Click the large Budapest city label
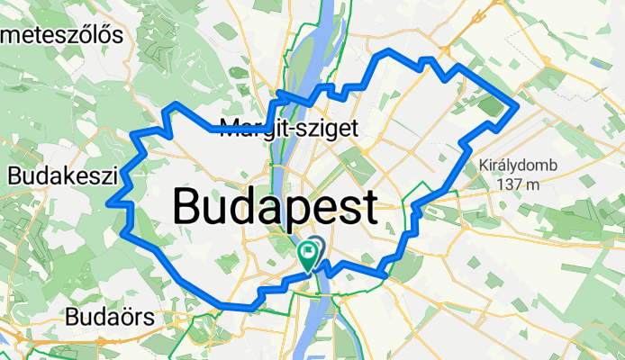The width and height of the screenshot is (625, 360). coord(275,207)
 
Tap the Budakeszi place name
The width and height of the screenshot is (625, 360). coord(59,174)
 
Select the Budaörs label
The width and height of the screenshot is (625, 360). coord(110,317)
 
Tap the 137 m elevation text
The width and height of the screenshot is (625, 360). coord(516,184)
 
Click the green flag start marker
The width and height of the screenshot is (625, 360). coord(308,256)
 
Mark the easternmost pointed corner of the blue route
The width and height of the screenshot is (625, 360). coord(518,107)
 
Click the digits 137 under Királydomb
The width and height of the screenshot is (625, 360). coord(503,184)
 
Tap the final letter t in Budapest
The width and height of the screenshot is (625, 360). coord(367,207)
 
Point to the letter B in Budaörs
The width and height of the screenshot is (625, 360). coord(73,317)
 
